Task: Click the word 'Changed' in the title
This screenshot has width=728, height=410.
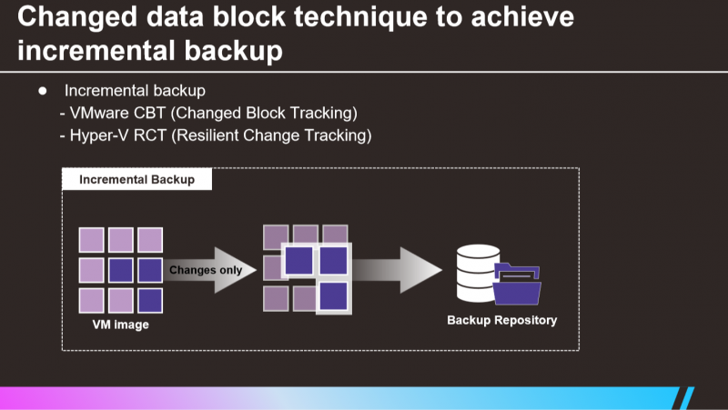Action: (x=77, y=17)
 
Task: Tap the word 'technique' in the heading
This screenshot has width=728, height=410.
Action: (x=360, y=17)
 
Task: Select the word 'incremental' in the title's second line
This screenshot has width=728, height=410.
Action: (x=96, y=50)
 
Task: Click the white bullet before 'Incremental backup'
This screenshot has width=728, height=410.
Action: (x=43, y=91)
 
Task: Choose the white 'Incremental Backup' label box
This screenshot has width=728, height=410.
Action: (x=137, y=179)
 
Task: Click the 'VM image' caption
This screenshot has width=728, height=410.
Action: (x=121, y=325)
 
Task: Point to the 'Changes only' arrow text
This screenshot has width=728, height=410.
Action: (x=206, y=270)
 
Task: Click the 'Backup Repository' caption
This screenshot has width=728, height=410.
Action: (x=502, y=320)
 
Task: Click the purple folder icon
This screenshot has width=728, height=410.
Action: (x=517, y=284)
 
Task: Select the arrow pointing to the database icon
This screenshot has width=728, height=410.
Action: (x=397, y=270)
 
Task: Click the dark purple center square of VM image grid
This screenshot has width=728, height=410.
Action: (x=121, y=270)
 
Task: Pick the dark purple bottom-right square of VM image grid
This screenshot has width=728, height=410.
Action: (x=150, y=301)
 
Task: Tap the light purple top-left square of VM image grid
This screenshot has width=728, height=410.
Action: (x=92, y=240)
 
